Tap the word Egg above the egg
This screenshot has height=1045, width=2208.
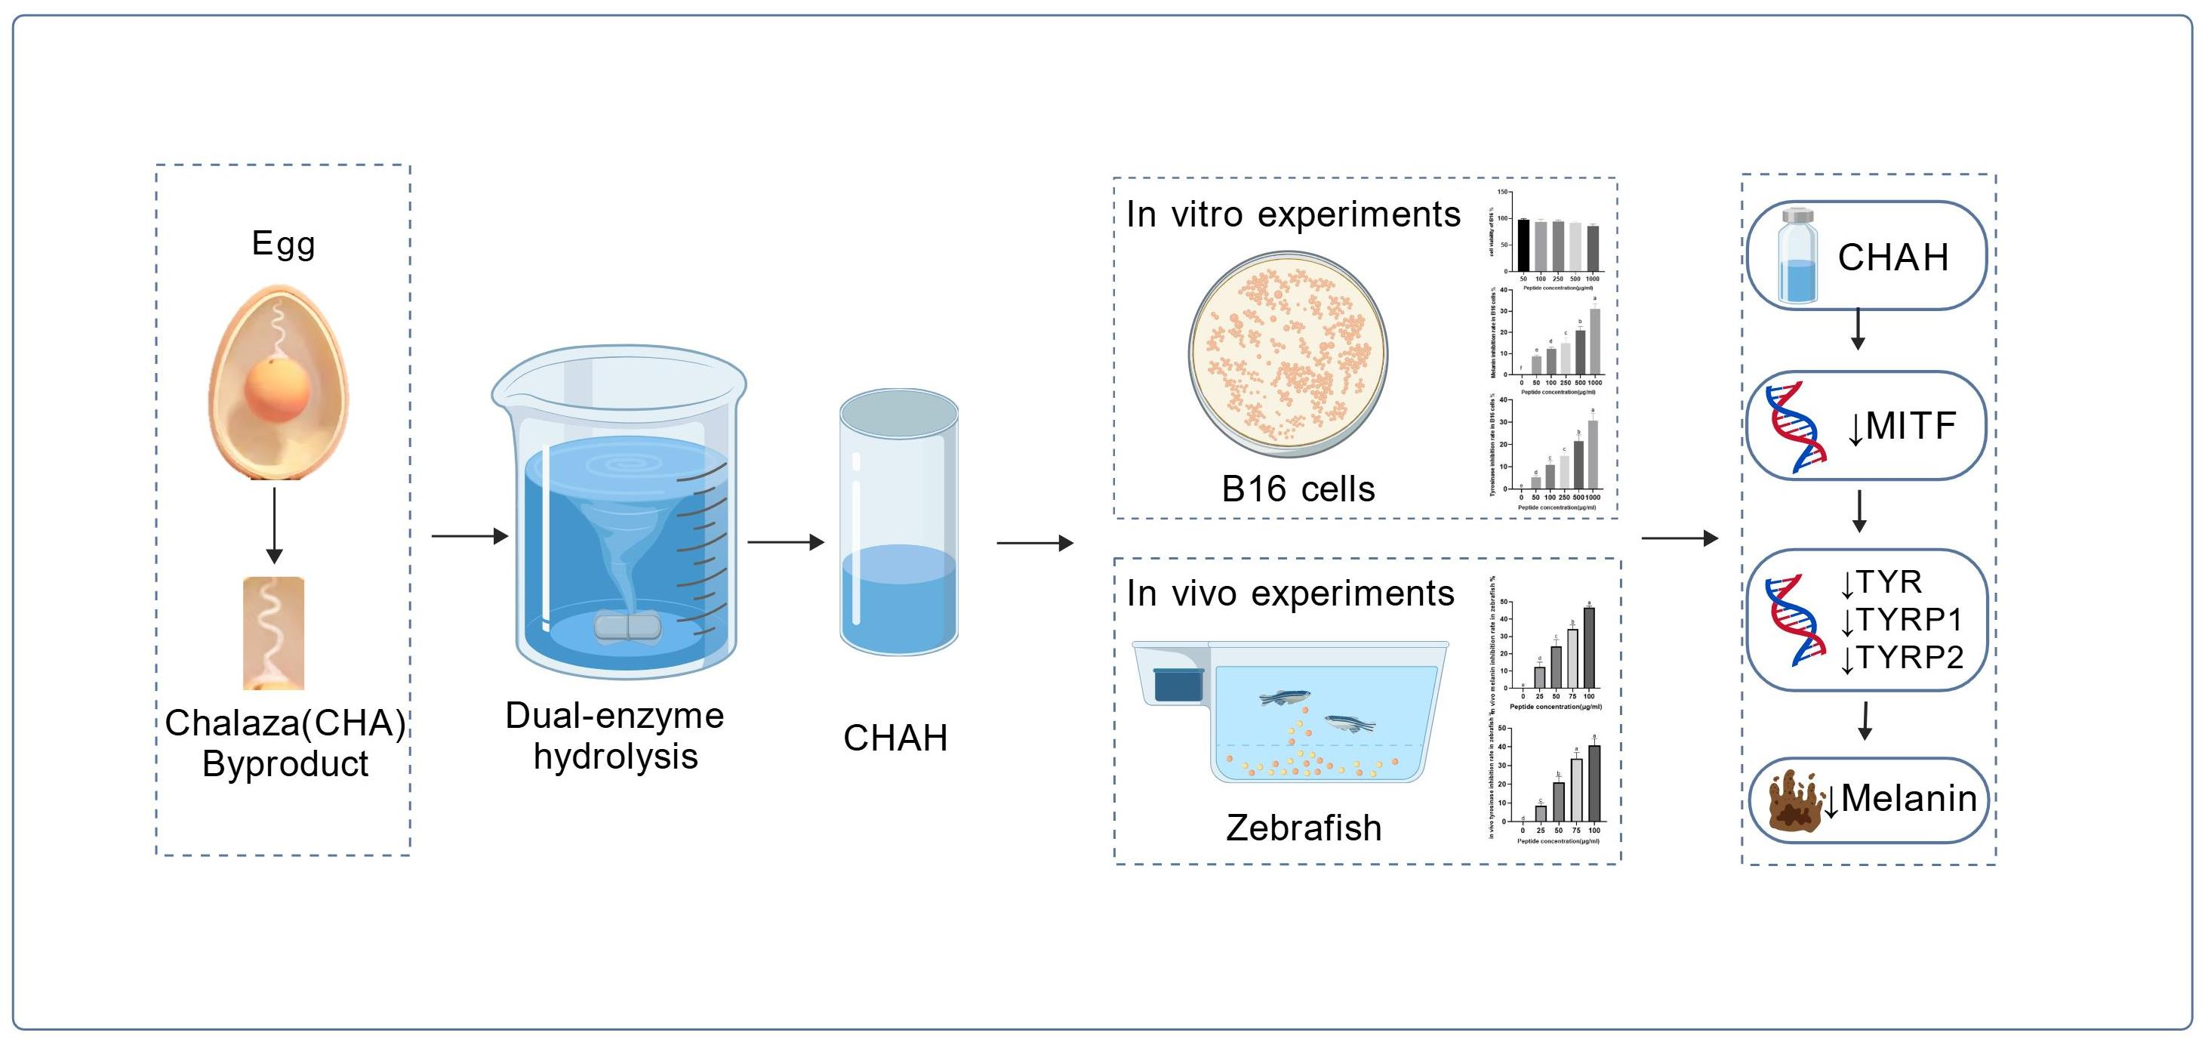point(284,245)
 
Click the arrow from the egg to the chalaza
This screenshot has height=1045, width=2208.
point(274,525)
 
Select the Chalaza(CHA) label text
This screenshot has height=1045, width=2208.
point(285,723)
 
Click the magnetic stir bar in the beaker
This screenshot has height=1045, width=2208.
point(627,627)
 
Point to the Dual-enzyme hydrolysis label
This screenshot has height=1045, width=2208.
point(614,735)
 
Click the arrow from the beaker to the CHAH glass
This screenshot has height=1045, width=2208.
point(785,542)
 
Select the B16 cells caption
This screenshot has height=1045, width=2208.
point(1298,489)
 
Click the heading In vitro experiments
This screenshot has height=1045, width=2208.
point(1292,214)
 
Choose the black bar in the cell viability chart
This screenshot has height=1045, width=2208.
point(1523,245)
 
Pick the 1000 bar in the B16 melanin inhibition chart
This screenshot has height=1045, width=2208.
point(1594,341)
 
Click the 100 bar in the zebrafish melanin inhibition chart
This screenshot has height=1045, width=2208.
point(1589,647)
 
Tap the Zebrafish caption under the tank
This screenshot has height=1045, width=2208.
point(1303,828)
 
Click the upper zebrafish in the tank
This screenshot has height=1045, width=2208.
point(1285,698)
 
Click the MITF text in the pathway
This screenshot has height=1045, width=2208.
point(1911,426)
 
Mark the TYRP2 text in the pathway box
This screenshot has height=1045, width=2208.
point(1910,658)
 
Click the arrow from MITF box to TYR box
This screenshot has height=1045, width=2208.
point(1859,512)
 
